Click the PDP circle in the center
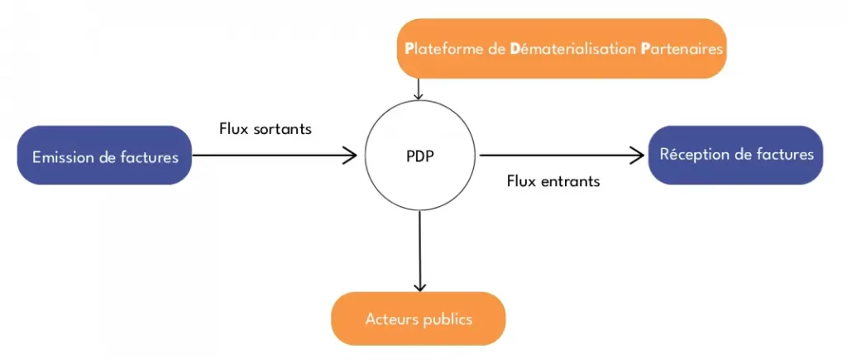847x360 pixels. tap(420, 156)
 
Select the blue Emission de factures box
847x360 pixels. tap(105, 156)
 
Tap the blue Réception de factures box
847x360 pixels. tap(736, 155)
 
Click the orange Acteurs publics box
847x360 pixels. tap(418, 319)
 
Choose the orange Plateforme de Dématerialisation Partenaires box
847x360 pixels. tap(562, 49)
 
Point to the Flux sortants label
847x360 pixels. tap(265, 129)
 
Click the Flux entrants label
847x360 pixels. tap(553, 181)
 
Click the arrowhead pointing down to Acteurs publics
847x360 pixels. tap(419, 285)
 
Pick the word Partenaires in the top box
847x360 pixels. tap(682, 49)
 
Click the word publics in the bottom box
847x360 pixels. tap(447, 319)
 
